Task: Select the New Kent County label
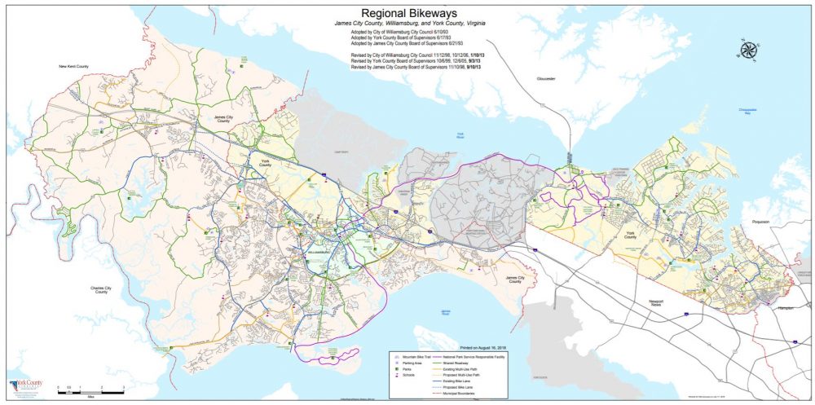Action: click(72, 65)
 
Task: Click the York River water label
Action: click(460, 135)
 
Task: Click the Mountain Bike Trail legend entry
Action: click(412, 357)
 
